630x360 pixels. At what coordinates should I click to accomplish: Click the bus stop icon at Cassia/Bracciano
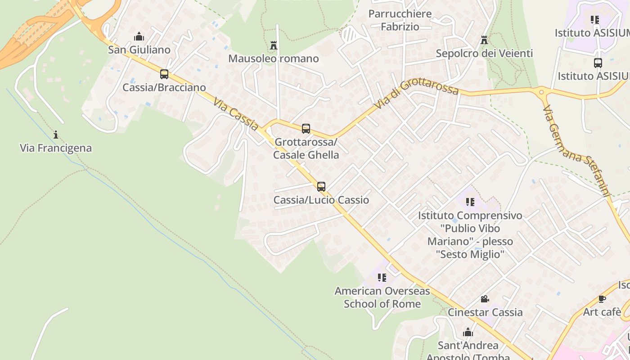pyautogui.click(x=164, y=74)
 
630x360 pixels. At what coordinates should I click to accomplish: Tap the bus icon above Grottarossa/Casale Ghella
pyautogui.click(x=306, y=129)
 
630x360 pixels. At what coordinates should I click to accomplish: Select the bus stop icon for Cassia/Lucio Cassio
pyautogui.click(x=321, y=186)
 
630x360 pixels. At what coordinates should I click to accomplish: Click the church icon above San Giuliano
pyautogui.click(x=139, y=36)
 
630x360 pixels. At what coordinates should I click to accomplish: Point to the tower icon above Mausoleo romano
pyautogui.click(x=273, y=45)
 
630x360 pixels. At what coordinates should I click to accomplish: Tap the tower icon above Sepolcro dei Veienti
pyautogui.click(x=484, y=40)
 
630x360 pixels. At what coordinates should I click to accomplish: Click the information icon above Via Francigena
pyautogui.click(x=56, y=135)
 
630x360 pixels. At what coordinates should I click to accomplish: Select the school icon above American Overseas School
pyautogui.click(x=382, y=278)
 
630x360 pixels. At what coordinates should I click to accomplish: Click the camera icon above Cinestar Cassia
pyautogui.click(x=485, y=299)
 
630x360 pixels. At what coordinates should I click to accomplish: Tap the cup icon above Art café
pyautogui.click(x=602, y=299)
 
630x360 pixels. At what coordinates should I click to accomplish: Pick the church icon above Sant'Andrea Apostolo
pyautogui.click(x=468, y=333)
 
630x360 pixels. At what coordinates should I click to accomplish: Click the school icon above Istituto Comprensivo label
pyautogui.click(x=470, y=202)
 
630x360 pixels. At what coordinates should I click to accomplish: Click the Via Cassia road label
pyautogui.click(x=236, y=115)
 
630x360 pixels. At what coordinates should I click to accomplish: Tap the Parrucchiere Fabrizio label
pyautogui.click(x=400, y=20)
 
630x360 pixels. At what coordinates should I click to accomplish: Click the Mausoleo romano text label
pyautogui.click(x=274, y=58)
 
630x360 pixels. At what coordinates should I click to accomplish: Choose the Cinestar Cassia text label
pyautogui.click(x=485, y=312)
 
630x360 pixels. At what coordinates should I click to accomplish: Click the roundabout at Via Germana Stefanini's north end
pyautogui.click(x=541, y=93)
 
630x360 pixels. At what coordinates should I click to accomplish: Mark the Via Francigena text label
pyautogui.click(x=56, y=148)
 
